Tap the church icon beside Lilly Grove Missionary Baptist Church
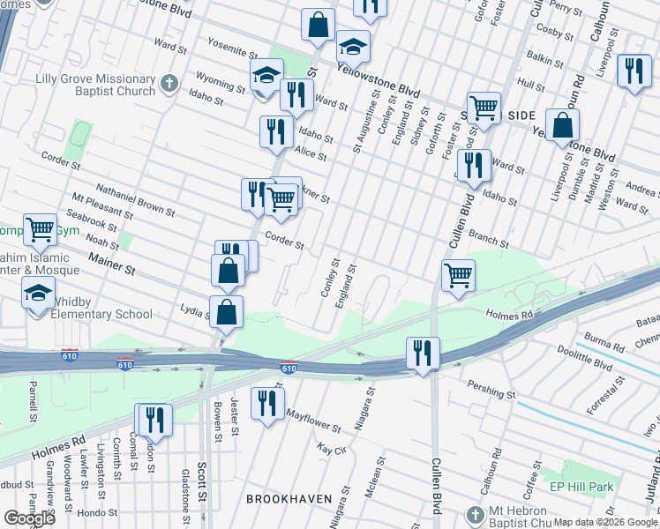[x=170, y=85]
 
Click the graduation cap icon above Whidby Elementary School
[x=39, y=293]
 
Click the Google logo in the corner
[x=29, y=518]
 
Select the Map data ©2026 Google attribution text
[x=604, y=523]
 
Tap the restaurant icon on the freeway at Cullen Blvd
[x=423, y=353]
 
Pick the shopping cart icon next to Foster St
[x=484, y=108]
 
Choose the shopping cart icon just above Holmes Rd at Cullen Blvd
[x=458, y=275]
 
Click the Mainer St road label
[x=111, y=261]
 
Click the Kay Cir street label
[x=331, y=450]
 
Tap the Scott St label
[x=201, y=499]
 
